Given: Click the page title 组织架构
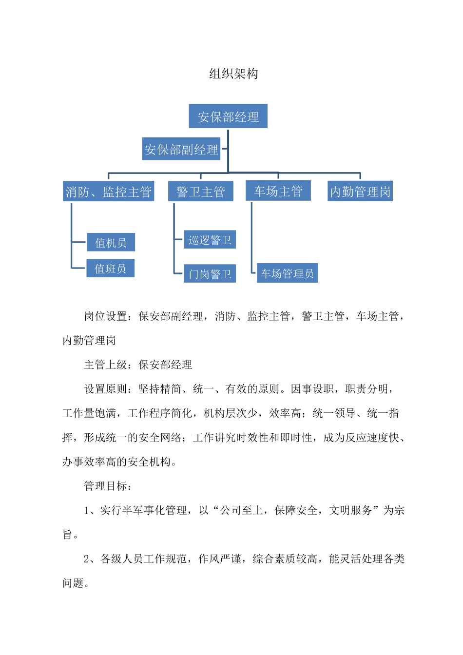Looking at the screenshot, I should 233,74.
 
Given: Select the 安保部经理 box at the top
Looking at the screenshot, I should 228,116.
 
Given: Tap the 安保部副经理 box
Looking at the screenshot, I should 181,149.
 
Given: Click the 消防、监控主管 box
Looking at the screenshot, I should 109,192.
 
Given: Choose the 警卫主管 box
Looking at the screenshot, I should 200,192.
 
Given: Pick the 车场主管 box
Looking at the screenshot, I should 278,191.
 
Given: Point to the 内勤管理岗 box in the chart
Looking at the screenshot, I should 360,192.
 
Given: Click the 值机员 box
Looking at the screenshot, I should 111,242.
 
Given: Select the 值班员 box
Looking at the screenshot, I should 110,268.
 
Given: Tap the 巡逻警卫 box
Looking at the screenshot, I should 210,240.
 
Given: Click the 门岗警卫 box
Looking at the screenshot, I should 210,274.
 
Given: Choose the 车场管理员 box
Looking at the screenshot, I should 287,273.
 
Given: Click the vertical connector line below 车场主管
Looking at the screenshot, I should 251,234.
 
